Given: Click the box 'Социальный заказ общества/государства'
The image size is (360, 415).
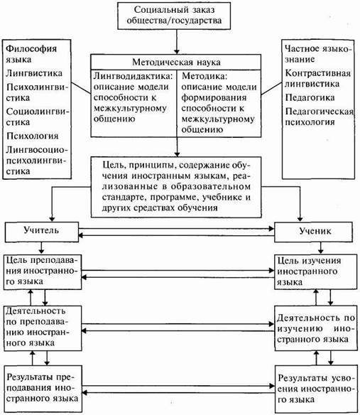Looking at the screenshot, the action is [174, 16].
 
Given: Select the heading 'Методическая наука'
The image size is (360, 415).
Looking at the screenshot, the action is [176, 63].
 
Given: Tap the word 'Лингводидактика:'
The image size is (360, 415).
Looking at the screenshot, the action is [133, 76].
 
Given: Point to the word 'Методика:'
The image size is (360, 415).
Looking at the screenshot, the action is [204, 76].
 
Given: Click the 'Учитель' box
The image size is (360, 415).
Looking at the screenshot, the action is [42, 232].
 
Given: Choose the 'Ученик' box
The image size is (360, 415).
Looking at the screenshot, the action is [313, 232].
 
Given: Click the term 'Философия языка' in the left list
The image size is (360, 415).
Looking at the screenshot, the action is [31, 54].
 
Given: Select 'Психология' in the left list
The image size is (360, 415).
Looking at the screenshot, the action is [32, 136].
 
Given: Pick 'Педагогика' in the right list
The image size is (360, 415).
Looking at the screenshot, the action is [310, 97].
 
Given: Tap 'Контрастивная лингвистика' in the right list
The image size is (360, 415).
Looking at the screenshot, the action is [317, 78].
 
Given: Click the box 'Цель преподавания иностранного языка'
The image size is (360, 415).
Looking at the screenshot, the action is [43, 272].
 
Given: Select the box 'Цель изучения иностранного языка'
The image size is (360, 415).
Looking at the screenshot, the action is [315, 272].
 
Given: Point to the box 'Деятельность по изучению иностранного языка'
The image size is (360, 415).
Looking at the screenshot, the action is [316, 328].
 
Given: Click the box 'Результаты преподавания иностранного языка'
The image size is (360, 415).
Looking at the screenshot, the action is [43, 389].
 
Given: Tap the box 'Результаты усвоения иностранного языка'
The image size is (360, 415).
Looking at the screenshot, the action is [316, 389].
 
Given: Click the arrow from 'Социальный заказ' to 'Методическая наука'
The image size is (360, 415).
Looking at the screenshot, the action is [177, 42].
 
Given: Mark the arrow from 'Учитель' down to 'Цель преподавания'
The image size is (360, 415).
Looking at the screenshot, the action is [41, 248].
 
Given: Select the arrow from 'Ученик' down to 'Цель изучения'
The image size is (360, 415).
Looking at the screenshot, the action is [321, 248].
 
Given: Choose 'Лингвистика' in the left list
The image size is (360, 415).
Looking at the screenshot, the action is [34, 73].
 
